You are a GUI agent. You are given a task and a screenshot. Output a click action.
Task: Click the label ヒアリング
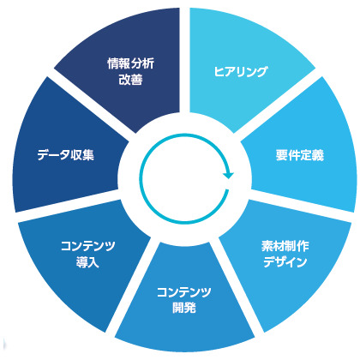241,71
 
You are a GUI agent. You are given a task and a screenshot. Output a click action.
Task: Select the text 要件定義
300,155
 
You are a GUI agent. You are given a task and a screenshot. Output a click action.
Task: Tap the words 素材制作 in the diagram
285,246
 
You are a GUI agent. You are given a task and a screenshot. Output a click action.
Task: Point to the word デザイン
285,261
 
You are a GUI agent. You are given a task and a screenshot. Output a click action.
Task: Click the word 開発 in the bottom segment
184,308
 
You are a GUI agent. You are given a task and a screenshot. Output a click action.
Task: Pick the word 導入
87,262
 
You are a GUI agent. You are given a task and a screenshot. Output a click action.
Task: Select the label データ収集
65,155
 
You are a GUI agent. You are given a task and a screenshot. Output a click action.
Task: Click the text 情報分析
131,63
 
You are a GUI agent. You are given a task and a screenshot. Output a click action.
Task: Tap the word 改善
130,79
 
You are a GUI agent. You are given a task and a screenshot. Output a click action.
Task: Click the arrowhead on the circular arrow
229,175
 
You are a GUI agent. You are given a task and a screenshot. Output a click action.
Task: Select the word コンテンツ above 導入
88,246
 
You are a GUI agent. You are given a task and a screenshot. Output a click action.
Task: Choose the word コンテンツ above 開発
184,292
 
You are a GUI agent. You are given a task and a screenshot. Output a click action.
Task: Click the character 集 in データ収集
87,155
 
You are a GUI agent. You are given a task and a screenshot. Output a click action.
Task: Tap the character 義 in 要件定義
318,155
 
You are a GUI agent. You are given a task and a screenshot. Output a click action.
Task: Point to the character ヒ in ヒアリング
219,72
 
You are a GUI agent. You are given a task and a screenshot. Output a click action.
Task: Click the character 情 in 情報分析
113,63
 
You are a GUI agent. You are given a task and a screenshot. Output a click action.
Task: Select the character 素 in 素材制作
267,246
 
